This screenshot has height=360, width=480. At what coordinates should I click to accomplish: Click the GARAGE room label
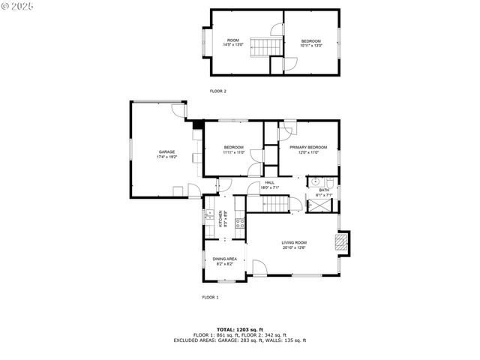tap(166, 152)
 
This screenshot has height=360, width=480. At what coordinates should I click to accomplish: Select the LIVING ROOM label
tap(294, 241)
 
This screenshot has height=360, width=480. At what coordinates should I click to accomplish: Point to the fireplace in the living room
tap(340, 241)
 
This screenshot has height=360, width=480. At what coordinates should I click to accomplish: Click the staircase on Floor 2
tap(262, 46)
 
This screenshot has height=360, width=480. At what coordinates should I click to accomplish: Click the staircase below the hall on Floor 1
tap(279, 203)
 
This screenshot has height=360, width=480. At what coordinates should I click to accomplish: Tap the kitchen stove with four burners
tap(240, 223)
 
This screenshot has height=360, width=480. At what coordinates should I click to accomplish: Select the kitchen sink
tap(208, 217)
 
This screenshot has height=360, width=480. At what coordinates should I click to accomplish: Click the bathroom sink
tap(316, 181)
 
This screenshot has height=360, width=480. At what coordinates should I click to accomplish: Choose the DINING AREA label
tap(225, 259)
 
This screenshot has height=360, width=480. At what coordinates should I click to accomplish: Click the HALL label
tap(268, 182)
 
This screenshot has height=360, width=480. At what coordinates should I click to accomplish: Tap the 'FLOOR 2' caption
tap(217, 91)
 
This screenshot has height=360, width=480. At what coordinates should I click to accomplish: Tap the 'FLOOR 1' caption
tap(210, 298)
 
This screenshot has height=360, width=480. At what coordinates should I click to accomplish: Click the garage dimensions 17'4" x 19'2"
tap(166, 157)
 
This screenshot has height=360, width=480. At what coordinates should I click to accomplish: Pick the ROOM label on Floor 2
tap(232, 40)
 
